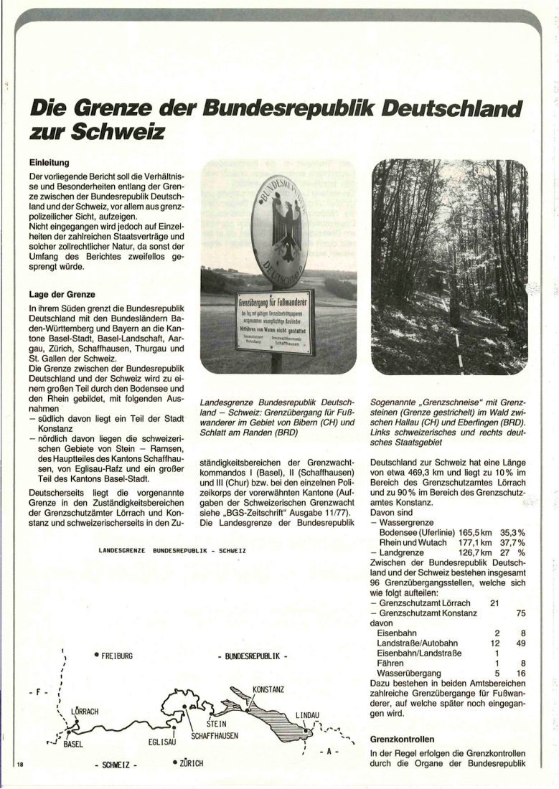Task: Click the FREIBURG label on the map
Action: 117,656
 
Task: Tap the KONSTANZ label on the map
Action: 268,689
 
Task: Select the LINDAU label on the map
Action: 308,715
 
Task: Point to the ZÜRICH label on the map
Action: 189,762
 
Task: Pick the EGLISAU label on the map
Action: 162,742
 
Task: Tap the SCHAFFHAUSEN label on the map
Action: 215,736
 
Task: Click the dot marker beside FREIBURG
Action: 96,655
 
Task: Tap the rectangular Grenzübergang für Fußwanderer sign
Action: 275,320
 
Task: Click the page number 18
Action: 20,765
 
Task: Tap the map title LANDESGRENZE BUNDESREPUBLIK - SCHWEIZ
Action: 172,550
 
